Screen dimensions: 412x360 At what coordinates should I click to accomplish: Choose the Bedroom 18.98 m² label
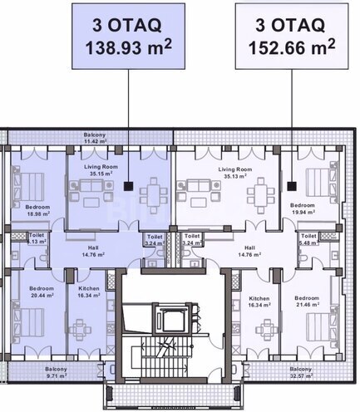pos(38,208)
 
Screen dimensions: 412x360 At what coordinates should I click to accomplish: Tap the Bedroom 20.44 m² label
pos(41,291)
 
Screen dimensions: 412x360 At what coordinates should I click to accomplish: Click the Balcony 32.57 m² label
pos(301,371)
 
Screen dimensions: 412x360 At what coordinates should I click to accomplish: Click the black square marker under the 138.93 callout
pos(129,187)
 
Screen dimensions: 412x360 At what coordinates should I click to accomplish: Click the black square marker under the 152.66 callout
pos(290,187)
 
